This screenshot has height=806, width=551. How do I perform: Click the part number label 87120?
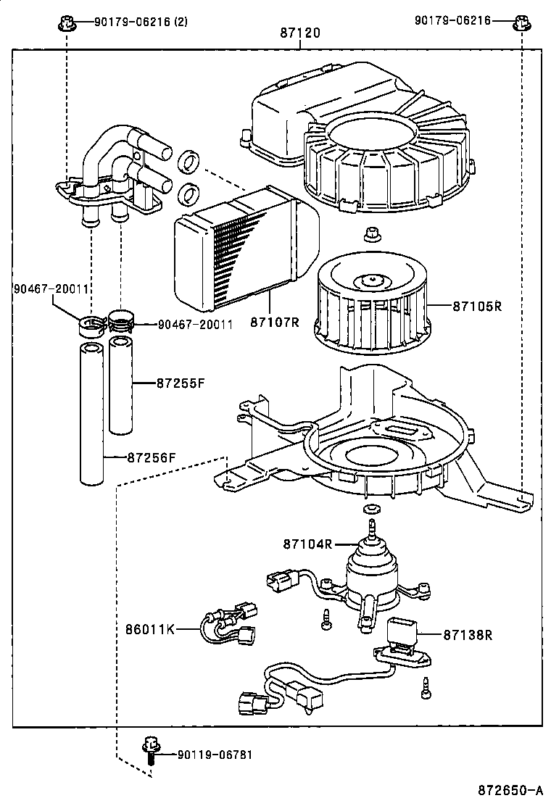click(x=299, y=33)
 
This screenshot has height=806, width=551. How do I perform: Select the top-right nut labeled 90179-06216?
click(x=521, y=22)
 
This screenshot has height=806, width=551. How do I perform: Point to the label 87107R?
click(x=275, y=322)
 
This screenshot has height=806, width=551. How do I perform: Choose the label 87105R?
click(x=478, y=306)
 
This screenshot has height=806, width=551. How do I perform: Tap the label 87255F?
click(x=181, y=382)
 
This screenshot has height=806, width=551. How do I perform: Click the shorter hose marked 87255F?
click(x=120, y=384)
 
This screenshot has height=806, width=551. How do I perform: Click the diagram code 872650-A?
click(x=510, y=789)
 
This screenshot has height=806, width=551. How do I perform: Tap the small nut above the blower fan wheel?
click(x=371, y=234)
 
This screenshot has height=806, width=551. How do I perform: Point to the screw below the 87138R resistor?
click(x=426, y=685)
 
